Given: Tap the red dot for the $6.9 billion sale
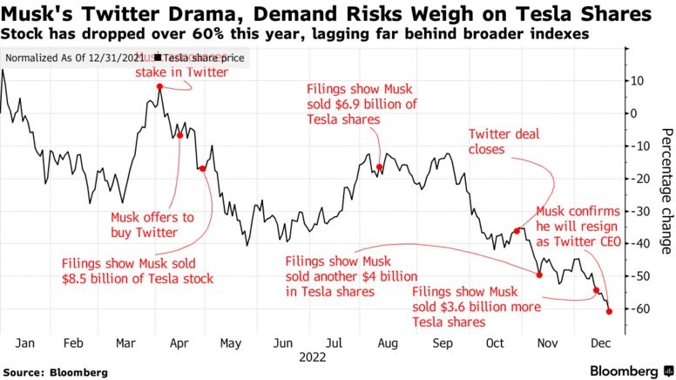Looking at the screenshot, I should [x=380, y=166].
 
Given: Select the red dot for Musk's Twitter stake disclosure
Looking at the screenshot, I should [x=159, y=86].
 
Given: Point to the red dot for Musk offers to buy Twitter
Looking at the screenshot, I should [x=180, y=135].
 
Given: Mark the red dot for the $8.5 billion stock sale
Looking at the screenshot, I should [x=203, y=168].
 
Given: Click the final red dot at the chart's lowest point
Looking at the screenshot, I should [x=609, y=311].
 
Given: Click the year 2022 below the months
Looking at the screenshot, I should [x=312, y=356].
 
